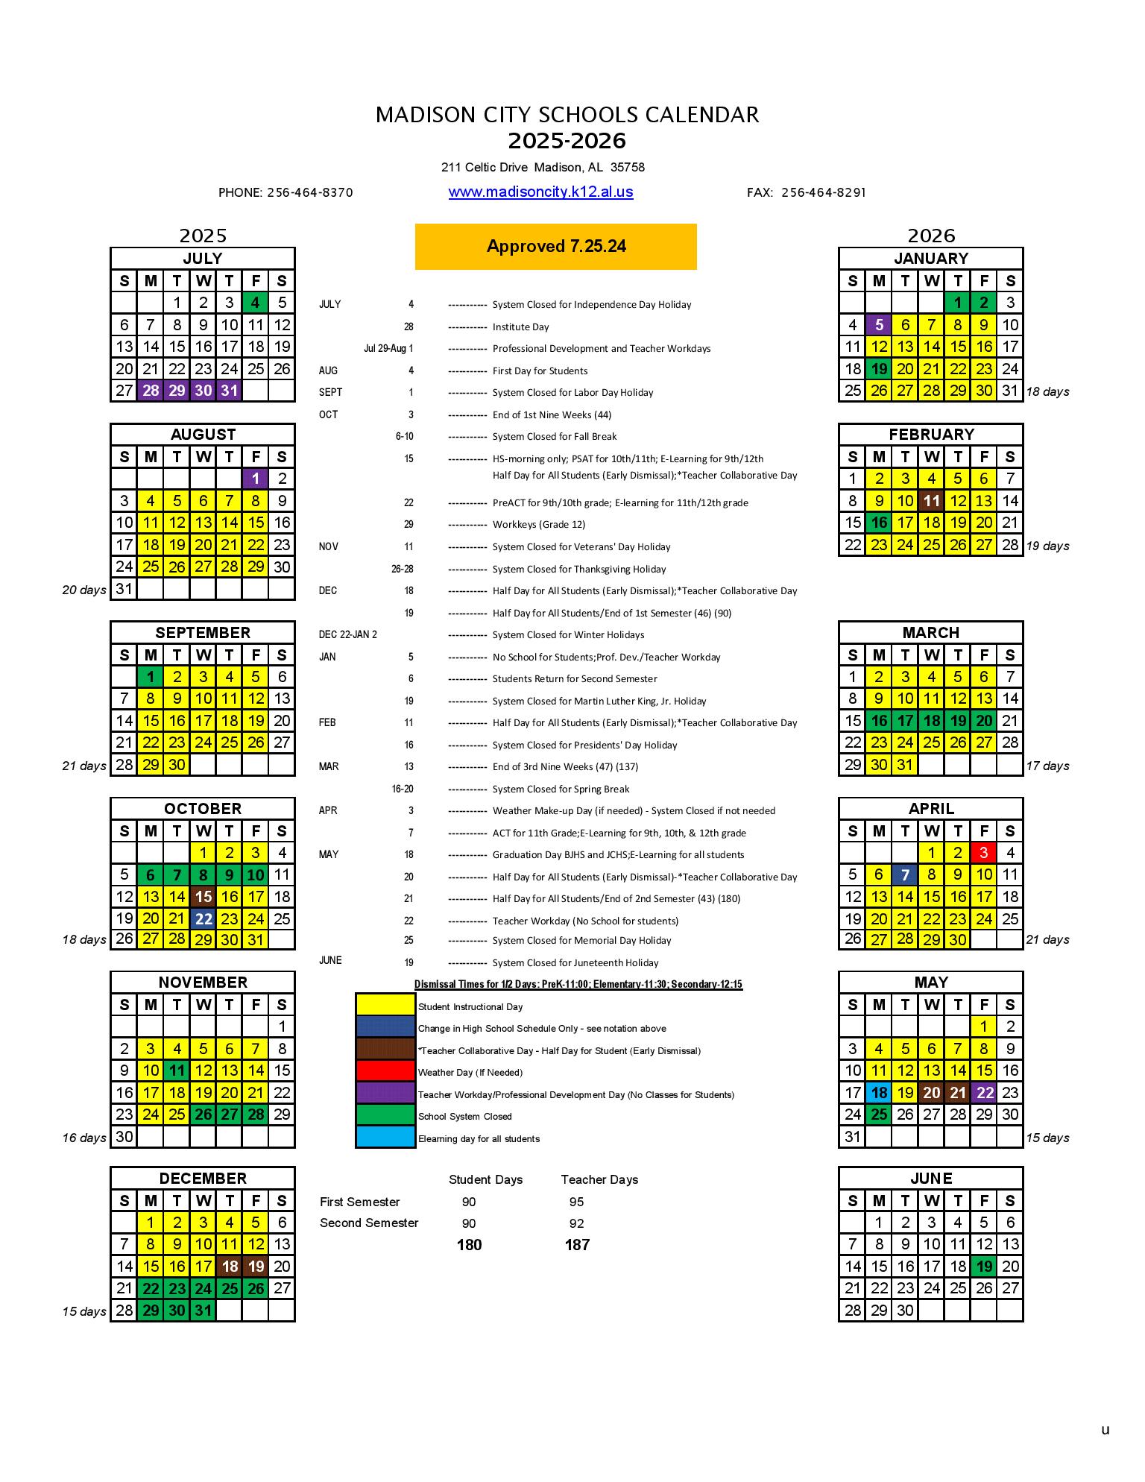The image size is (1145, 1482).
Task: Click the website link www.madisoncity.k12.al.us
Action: click(x=540, y=192)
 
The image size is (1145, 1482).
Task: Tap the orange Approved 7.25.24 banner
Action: click(x=555, y=246)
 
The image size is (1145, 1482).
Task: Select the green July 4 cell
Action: click(x=255, y=303)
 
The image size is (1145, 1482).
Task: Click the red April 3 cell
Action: click(x=983, y=852)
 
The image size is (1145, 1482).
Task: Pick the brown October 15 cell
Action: click(x=203, y=896)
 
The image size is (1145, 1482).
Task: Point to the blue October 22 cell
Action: click(x=203, y=918)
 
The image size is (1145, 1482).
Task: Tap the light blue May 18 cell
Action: click(x=879, y=1092)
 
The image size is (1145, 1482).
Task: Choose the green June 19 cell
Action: click(x=983, y=1266)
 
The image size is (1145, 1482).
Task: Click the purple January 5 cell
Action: click(x=879, y=324)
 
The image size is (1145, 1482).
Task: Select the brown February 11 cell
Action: click(x=931, y=500)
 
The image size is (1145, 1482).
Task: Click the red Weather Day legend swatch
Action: click(x=385, y=1071)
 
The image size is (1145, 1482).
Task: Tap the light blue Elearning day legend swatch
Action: click(x=385, y=1137)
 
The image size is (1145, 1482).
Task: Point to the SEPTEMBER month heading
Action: click(x=203, y=632)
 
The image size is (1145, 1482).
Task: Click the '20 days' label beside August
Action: click(x=83, y=590)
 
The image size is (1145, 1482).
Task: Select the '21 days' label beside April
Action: click(x=1047, y=939)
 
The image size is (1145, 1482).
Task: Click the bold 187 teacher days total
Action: click(x=577, y=1244)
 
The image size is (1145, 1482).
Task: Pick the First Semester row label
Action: click(x=359, y=1201)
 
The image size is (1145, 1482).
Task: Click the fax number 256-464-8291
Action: click(x=823, y=192)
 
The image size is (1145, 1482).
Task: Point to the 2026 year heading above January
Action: click(x=931, y=236)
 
